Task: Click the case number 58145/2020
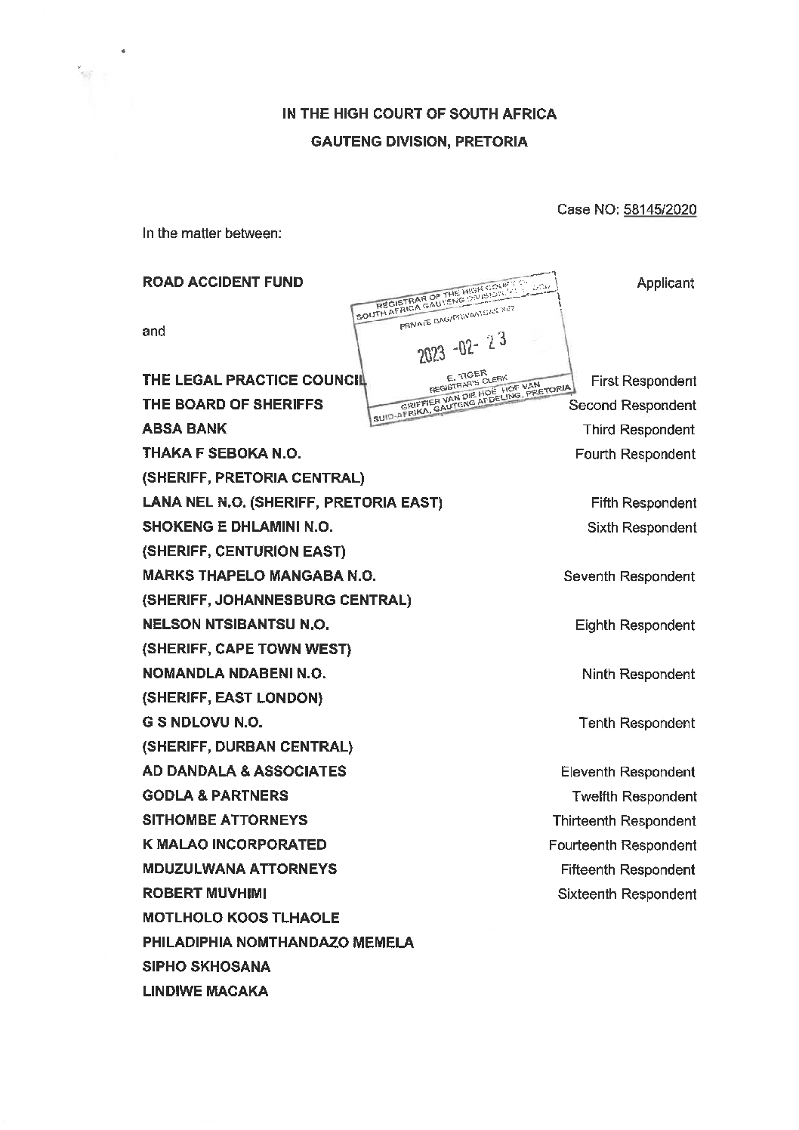[659, 209]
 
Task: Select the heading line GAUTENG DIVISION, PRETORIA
[419, 142]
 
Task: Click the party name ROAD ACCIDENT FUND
[223, 282]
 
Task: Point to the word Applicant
[665, 283]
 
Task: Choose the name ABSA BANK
[184, 429]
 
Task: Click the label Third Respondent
[638, 430]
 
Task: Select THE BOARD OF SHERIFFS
[233, 405]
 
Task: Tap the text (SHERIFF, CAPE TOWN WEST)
[247, 649]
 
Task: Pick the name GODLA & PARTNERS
[215, 795]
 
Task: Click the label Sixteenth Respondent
[627, 894]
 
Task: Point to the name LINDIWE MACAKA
[205, 991]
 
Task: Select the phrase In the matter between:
[212, 234]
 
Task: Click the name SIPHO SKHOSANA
[206, 967]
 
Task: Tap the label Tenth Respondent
[637, 724]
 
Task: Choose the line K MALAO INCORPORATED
[234, 844]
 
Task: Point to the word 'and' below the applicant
[153, 331]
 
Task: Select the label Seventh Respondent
[629, 576]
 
